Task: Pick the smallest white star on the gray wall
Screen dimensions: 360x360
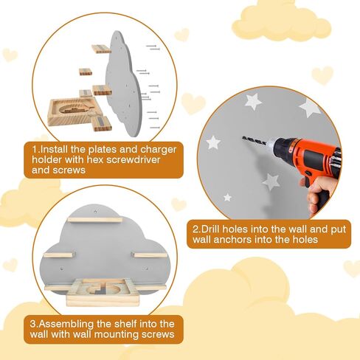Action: pyautogui.click(x=227, y=197)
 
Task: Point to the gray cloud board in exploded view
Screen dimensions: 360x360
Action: pyautogui.click(x=125, y=81)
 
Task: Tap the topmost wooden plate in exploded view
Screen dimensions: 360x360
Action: pyautogui.click(x=100, y=49)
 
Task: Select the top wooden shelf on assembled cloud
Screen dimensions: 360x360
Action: pyautogui.click(x=95, y=219)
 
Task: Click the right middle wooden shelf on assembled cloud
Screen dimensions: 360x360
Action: pyautogui.click(x=147, y=255)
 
